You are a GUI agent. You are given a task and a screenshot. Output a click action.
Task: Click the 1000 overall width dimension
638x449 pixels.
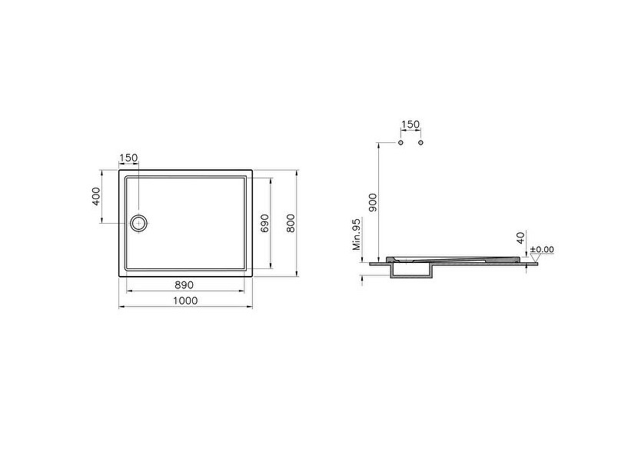click(x=185, y=301)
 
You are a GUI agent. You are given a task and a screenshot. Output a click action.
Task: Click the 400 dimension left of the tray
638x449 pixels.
click(x=96, y=196)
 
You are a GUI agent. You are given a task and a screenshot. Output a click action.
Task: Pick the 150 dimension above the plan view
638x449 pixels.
click(x=128, y=158)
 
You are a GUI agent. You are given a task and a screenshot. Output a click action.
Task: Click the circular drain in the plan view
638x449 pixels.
click(x=139, y=223)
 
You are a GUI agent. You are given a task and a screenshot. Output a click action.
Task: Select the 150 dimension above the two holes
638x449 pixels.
click(x=411, y=125)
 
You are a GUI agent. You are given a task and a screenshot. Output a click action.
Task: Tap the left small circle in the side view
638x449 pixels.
click(x=401, y=143)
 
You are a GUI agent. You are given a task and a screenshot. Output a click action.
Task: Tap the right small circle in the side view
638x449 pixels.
click(x=421, y=143)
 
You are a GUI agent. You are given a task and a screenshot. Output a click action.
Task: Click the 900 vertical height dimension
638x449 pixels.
click(x=373, y=201)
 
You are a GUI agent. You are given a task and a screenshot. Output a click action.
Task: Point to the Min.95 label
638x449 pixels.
click(x=357, y=234)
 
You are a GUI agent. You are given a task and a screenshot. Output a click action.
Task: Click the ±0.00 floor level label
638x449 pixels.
click(x=542, y=250)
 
